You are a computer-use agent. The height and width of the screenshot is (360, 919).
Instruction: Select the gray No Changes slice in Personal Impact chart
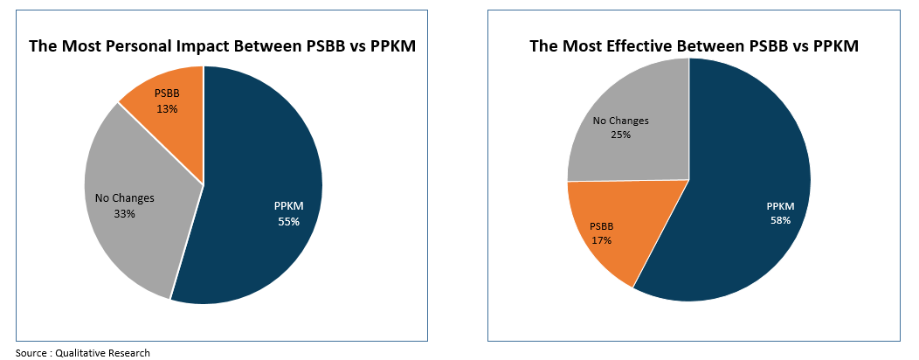click(x=131, y=236)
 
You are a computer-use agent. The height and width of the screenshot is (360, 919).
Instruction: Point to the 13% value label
click(x=167, y=108)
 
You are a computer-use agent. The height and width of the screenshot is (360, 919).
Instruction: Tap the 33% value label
click(x=124, y=212)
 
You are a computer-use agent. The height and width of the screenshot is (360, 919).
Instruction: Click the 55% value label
click(x=288, y=221)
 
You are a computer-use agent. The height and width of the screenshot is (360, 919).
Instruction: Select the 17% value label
click(x=602, y=239)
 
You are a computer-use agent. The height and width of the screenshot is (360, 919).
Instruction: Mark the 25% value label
click(x=620, y=135)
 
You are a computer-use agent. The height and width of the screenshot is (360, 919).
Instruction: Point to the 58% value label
click(x=780, y=220)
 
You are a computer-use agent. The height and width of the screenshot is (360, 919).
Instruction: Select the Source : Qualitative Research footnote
click(x=83, y=352)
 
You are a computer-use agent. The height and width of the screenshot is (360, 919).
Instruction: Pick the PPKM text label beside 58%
click(x=780, y=206)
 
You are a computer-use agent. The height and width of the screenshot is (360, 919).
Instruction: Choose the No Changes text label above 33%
click(x=124, y=198)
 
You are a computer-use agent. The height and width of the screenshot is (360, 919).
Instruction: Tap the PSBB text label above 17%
click(x=602, y=225)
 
